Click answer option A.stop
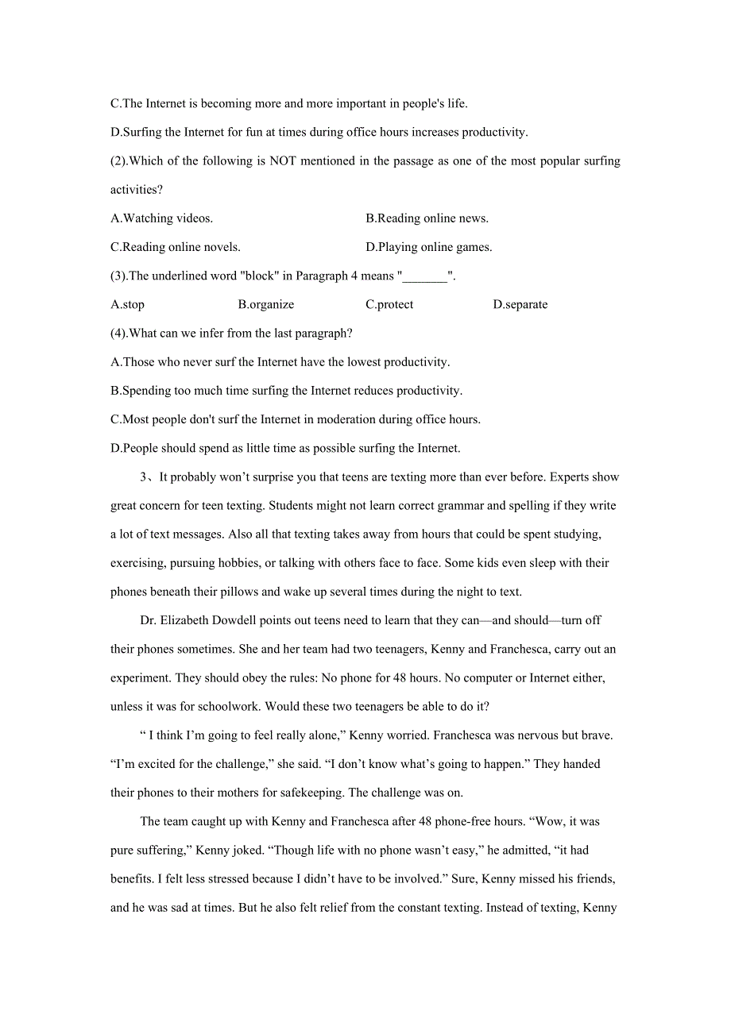(x=127, y=304)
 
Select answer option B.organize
(x=265, y=304)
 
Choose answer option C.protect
(x=389, y=304)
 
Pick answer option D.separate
(x=520, y=304)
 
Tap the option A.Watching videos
(x=161, y=218)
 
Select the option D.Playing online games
(x=428, y=247)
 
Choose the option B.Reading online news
(x=427, y=218)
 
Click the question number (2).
(x=118, y=161)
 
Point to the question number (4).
(x=118, y=334)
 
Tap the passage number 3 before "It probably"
(x=144, y=477)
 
